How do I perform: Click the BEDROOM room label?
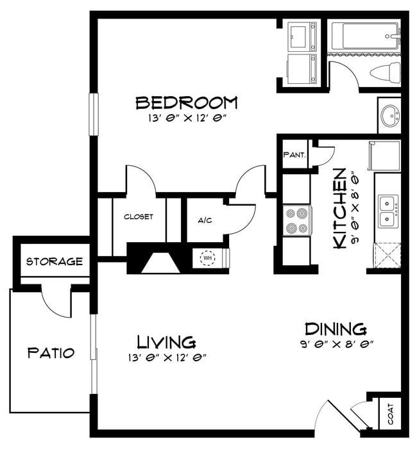point(187,102)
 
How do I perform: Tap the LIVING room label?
point(167,341)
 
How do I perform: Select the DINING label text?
point(335,329)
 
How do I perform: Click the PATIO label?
point(51,353)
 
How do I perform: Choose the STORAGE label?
point(55,261)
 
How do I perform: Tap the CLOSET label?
point(139,216)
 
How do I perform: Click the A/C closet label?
point(205,221)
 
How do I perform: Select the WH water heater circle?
point(207,258)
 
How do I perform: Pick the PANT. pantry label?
point(294,155)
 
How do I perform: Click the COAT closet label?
point(391,412)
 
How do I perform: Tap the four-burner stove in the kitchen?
point(297,220)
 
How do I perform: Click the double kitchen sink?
point(387,211)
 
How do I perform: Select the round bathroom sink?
point(389,116)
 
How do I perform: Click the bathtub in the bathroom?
point(364,35)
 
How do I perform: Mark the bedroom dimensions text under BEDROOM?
point(187,118)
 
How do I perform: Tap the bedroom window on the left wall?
point(93,114)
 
